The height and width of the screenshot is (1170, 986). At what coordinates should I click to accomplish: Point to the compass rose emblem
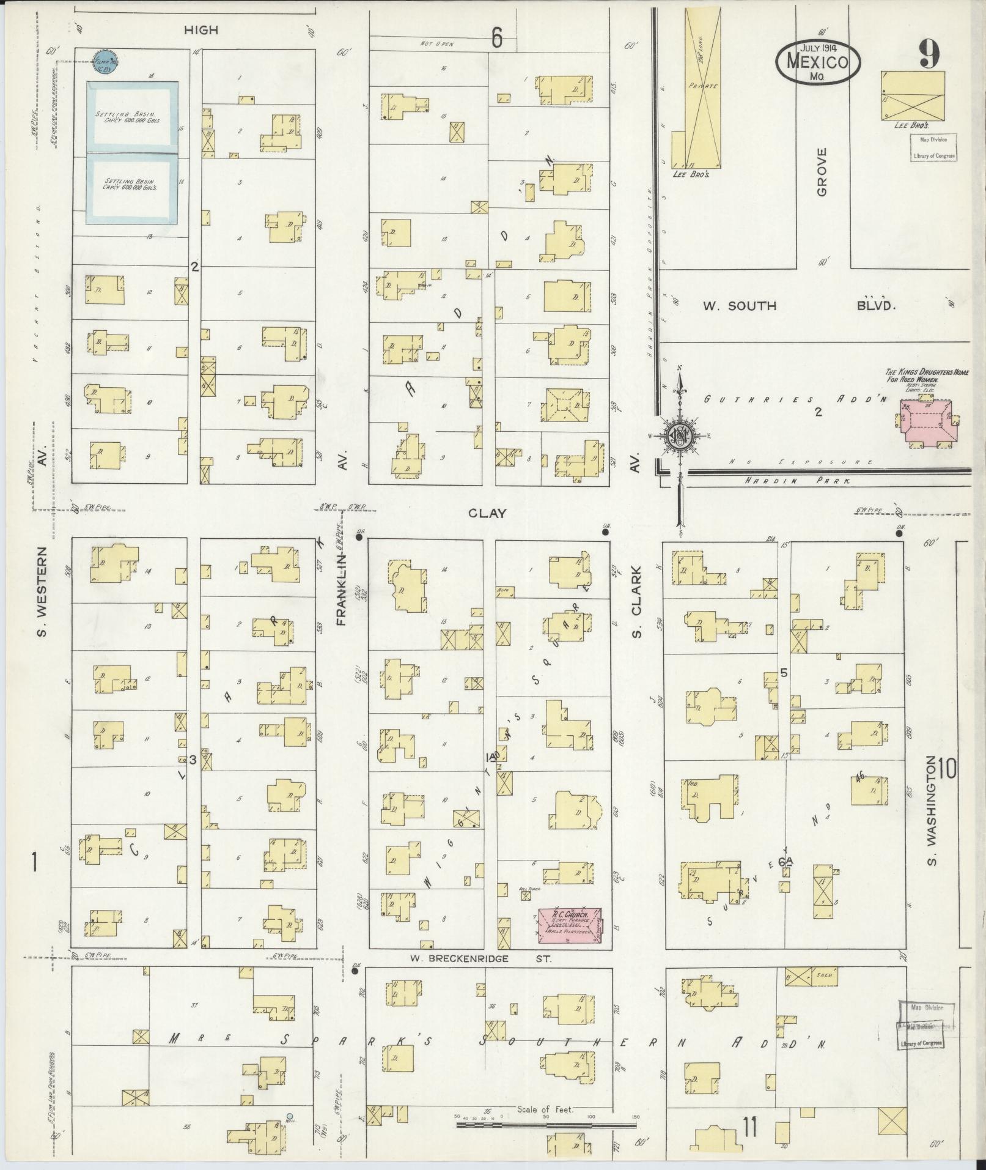[x=679, y=435]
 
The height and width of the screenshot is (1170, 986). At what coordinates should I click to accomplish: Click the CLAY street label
[x=487, y=513]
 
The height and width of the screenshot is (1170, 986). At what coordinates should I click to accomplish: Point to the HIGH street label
[x=201, y=29]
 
